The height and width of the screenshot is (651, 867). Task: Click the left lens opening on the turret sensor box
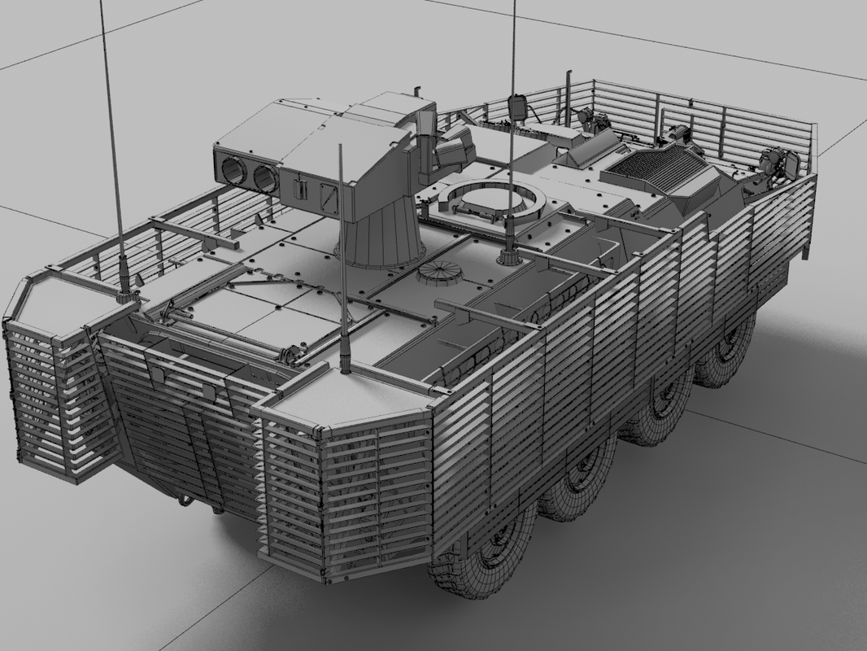[x=234, y=170]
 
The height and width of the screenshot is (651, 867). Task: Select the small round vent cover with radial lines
[x=439, y=275]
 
